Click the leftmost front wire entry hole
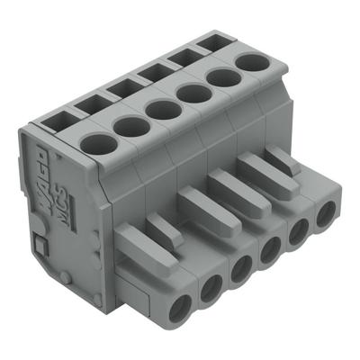click(184, 303)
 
